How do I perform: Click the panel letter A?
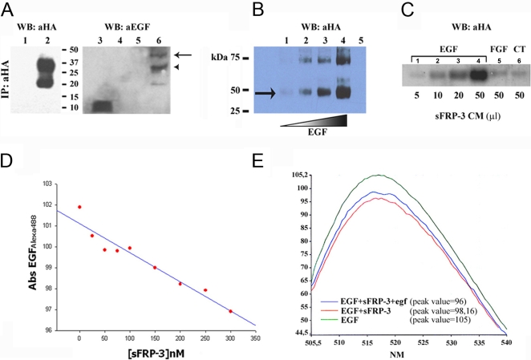pyautogui.click(x=9, y=10)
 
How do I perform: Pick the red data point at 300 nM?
pyautogui.click(x=230, y=311)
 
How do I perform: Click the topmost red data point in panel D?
pyautogui.click(x=79, y=207)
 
